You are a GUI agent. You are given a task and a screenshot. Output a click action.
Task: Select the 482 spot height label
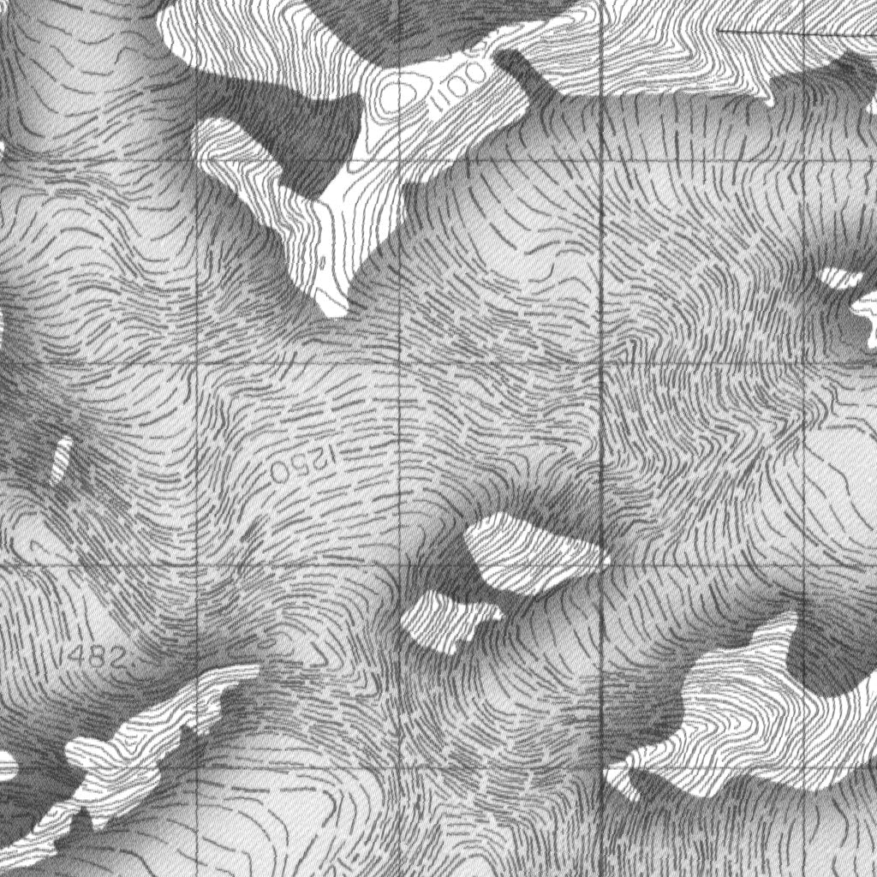coord(97,658)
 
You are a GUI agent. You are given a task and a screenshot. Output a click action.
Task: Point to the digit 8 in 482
coord(97,658)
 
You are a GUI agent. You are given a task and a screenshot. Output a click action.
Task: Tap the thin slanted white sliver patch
coord(62,458)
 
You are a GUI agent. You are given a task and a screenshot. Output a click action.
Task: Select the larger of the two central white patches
coord(531,552)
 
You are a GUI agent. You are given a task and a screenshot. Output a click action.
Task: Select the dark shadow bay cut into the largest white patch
coord(822,651)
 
